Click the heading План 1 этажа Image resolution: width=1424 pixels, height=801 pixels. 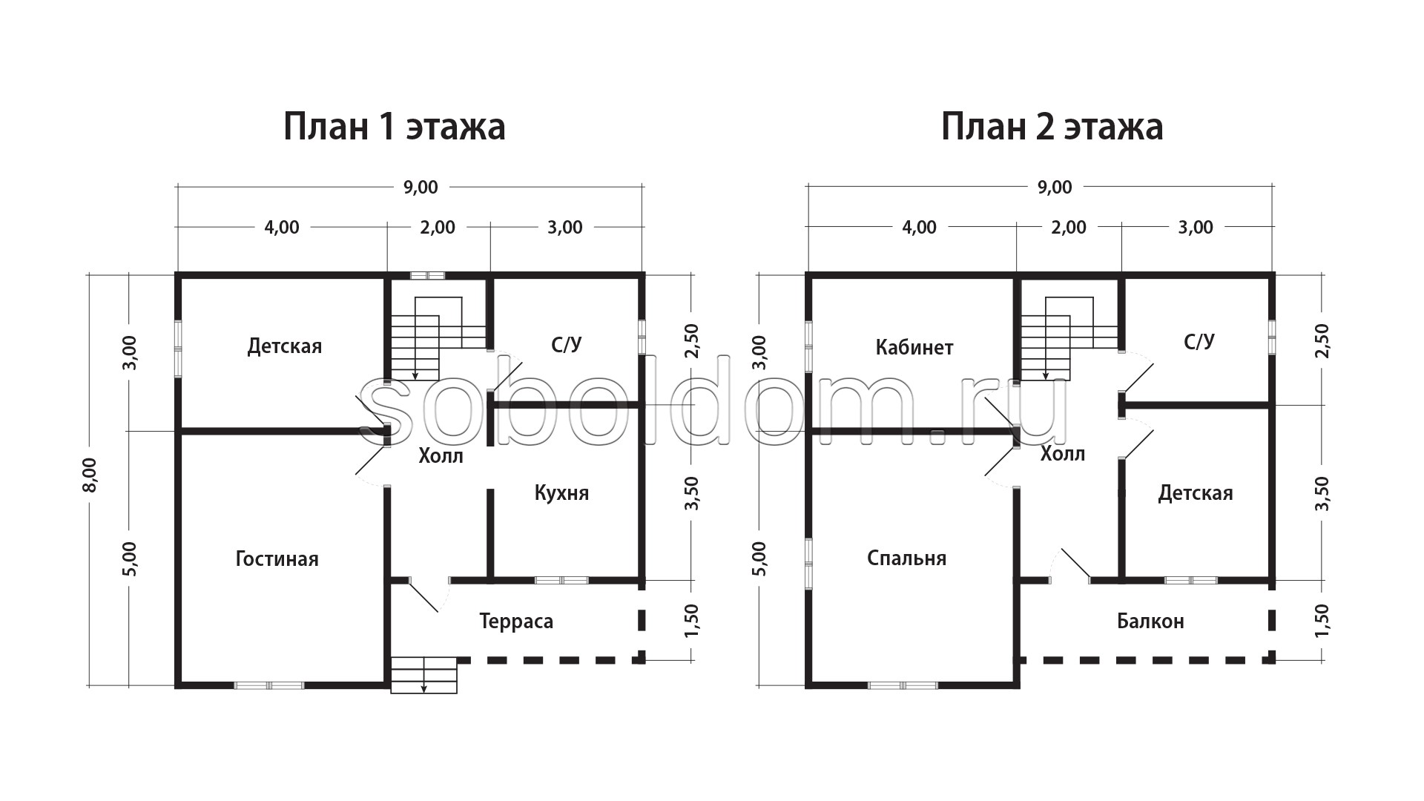(395, 127)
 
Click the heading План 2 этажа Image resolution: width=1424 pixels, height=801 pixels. (1052, 127)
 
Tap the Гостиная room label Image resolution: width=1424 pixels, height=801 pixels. (277, 558)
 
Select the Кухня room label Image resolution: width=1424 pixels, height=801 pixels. (561, 493)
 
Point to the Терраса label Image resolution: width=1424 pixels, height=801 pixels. (516, 622)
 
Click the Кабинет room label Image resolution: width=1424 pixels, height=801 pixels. (914, 347)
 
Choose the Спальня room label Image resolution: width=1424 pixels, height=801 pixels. (906, 558)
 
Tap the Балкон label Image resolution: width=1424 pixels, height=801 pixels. (1150, 622)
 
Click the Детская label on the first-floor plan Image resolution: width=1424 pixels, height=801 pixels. (285, 346)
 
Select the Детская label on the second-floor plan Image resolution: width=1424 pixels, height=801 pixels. (1196, 493)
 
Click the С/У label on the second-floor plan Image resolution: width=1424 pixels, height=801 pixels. (1199, 341)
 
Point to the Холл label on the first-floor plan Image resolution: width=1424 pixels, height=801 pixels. (441, 455)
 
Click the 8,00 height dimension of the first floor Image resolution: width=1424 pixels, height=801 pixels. (90, 475)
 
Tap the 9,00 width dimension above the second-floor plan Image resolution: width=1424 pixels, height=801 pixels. (1055, 187)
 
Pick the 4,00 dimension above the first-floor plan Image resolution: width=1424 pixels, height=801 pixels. (282, 227)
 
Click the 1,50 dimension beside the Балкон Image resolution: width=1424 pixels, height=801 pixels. (1322, 620)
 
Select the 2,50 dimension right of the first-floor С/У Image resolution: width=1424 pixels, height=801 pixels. (691, 341)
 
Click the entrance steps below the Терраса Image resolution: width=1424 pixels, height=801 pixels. (423, 675)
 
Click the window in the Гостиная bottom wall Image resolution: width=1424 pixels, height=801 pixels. (269, 685)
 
